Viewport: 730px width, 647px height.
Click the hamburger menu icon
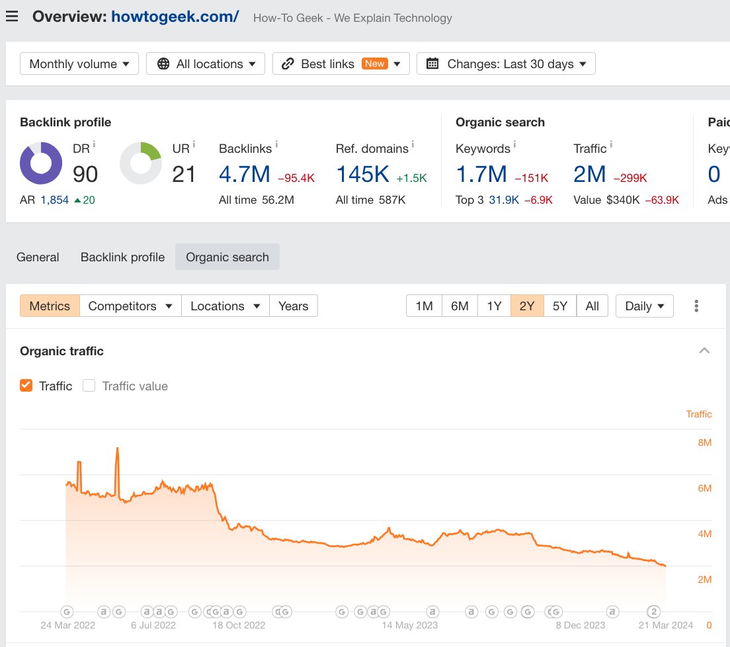pyautogui.click(x=12, y=17)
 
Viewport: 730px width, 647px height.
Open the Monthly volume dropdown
pyautogui.click(x=79, y=64)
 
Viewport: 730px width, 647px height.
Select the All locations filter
pyautogui.click(x=206, y=64)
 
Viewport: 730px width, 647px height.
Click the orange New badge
pyautogui.click(x=375, y=64)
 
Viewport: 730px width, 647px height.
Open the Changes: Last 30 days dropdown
pyautogui.click(x=506, y=64)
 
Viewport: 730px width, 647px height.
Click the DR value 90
pyautogui.click(x=85, y=174)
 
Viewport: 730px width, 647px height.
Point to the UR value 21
pyautogui.click(x=184, y=174)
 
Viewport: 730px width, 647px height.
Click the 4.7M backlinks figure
pyautogui.click(x=245, y=174)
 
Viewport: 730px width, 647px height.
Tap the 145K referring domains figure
pyautogui.click(x=363, y=174)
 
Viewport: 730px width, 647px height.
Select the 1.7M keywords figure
pyautogui.click(x=481, y=174)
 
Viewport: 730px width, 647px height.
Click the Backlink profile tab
pyautogui.click(x=122, y=257)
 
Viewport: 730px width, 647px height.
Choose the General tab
pyautogui.click(x=38, y=257)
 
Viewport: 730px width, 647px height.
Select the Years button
pyautogui.click(x=294, y=306)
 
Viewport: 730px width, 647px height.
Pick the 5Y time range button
pyautogui.click(x=560, y=306)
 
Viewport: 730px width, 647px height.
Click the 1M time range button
pyautogui.click(x=424, y=306)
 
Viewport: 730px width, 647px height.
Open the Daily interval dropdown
pyautogui.click(x=645, y=306)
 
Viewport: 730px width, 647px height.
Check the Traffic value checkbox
pyautogui.click(x=89, y=386)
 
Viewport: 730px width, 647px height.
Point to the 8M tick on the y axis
pyautogui.click(x=704, y=443)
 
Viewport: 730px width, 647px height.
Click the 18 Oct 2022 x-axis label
pyautogui.click(x=238, y=625)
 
